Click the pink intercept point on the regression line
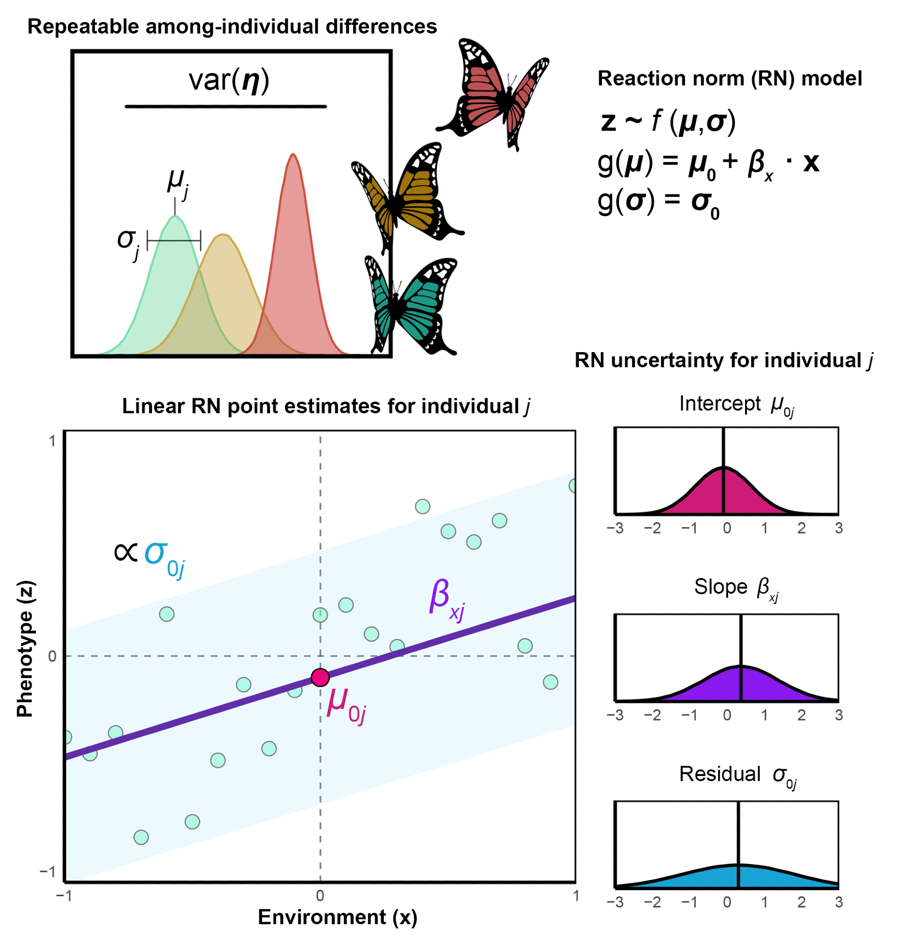coord(320,677)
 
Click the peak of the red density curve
coord(293,155)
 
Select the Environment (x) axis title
coord(338,917)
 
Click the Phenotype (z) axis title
coord(25,649)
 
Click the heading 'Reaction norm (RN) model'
coord(729,78)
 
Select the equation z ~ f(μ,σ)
coord(668,121)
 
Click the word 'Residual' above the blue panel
coord(720,774)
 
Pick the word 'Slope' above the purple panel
coord(720,587)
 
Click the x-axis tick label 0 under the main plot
coord(320,895)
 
